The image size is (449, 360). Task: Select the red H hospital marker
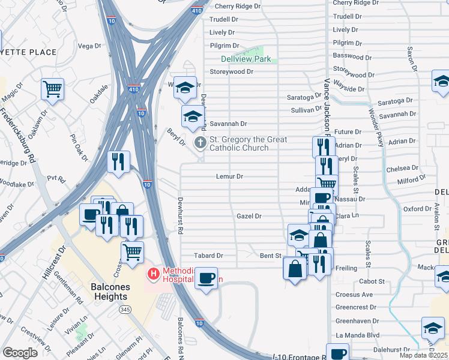pyautogui.click(x=154, y=274)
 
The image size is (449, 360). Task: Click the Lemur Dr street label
pyautogui.click(x=229, y=176)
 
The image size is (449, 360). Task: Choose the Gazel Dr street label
pyautogui.click(x=249, y=216)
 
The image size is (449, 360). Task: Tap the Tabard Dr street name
pyautogui.click(x=208, y=255)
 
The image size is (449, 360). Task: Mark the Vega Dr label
pyautogui.click(x=89, y=46)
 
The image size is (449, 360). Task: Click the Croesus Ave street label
pyautogui.click(x=354, y=294)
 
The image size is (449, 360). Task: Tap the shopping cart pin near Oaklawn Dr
pyautogui.click(x=53, y=89)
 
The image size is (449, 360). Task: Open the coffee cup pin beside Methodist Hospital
pyautogui.click(x=206, y=278)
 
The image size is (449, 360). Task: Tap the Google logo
pyautogui.click(x=20, y=352)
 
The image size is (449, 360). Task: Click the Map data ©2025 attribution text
pyautogui.click(x=424, y=355)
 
